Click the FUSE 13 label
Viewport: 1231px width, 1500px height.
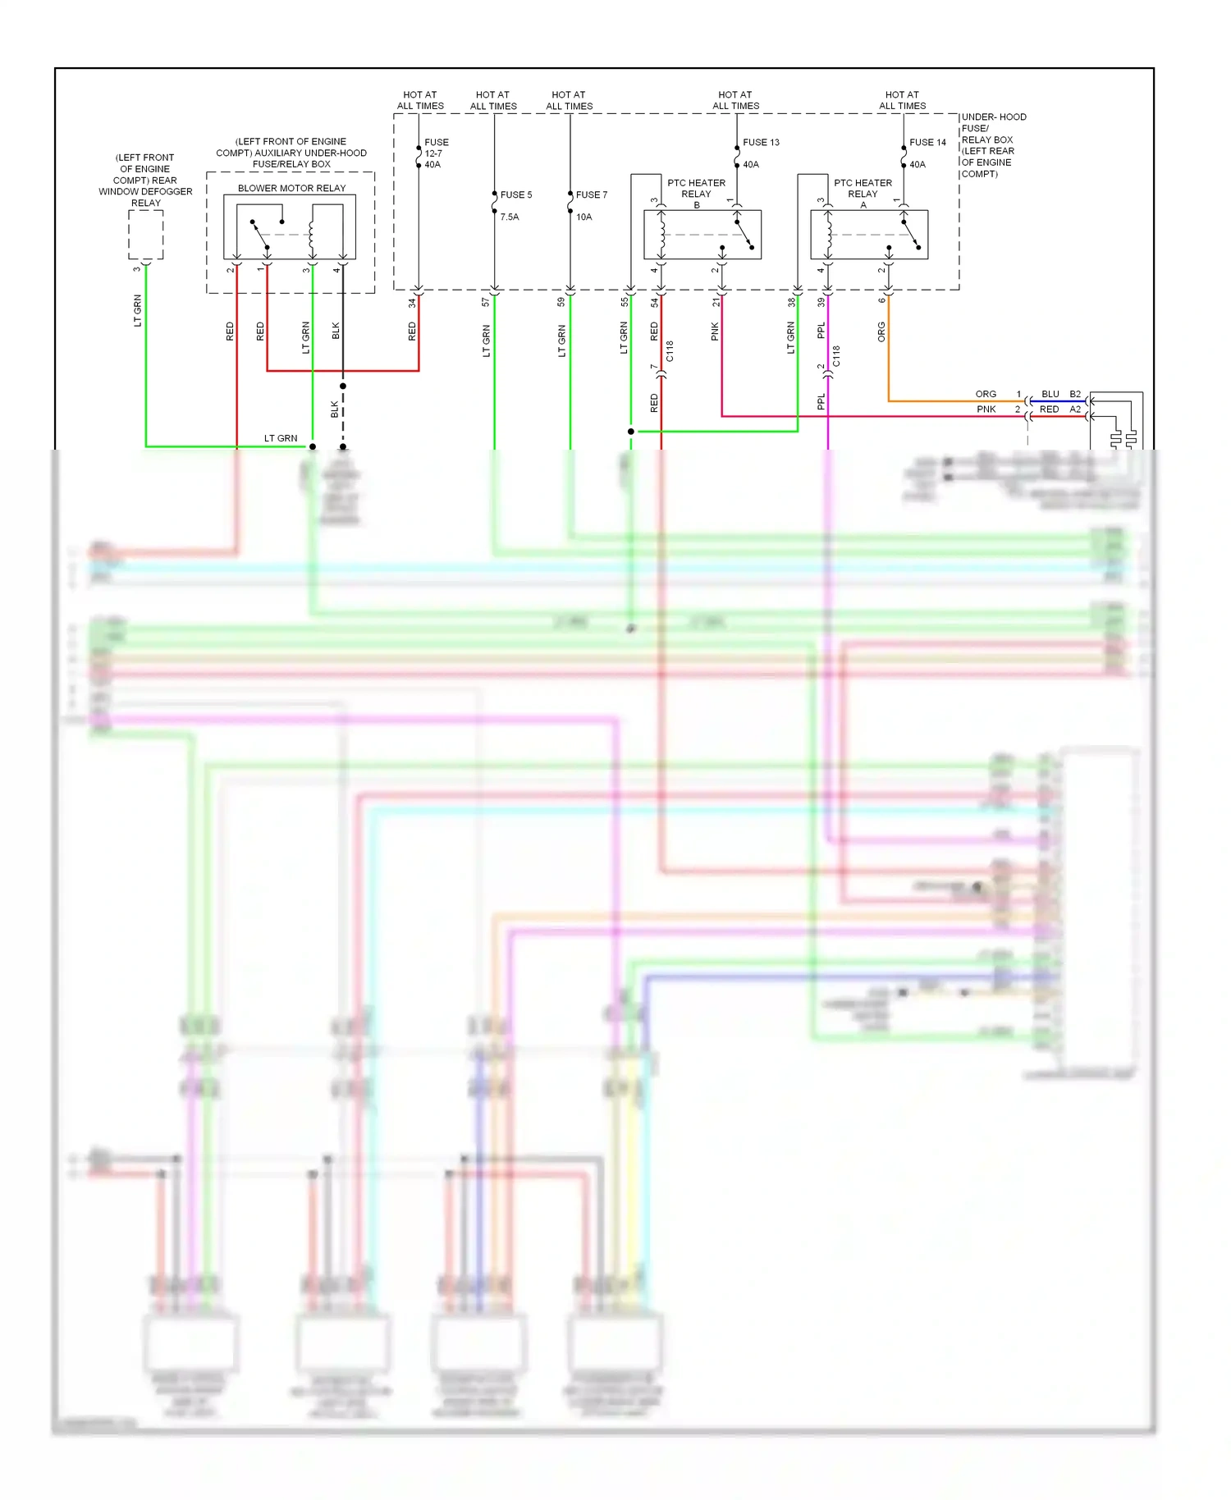click(761, 142)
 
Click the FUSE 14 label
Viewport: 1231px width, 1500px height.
click(927, 142)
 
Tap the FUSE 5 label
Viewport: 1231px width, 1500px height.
click(516, 194)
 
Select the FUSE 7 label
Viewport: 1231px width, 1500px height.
click(592, 194)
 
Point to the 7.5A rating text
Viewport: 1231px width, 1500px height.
click(510, 217)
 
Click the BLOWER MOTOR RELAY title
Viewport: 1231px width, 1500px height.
click(291, 188)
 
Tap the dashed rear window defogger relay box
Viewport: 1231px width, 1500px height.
click(146, 235)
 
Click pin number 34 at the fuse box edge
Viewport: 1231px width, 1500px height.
click(412, 303)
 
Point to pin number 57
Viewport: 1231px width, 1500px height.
click(486, 303)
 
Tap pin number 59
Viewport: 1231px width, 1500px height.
click(561, 303)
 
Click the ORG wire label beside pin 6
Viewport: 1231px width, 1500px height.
click(881, 332)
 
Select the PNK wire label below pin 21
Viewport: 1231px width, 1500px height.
click(715, 332)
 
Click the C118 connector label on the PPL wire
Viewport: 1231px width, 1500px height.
click(836, 356)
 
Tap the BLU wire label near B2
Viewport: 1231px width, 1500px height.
click(1050, 394)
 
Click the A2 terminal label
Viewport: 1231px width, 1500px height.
click(1075, 409)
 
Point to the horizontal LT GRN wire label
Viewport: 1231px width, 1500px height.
click(281, 438)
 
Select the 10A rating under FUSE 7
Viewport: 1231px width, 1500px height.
click(583, 217)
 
